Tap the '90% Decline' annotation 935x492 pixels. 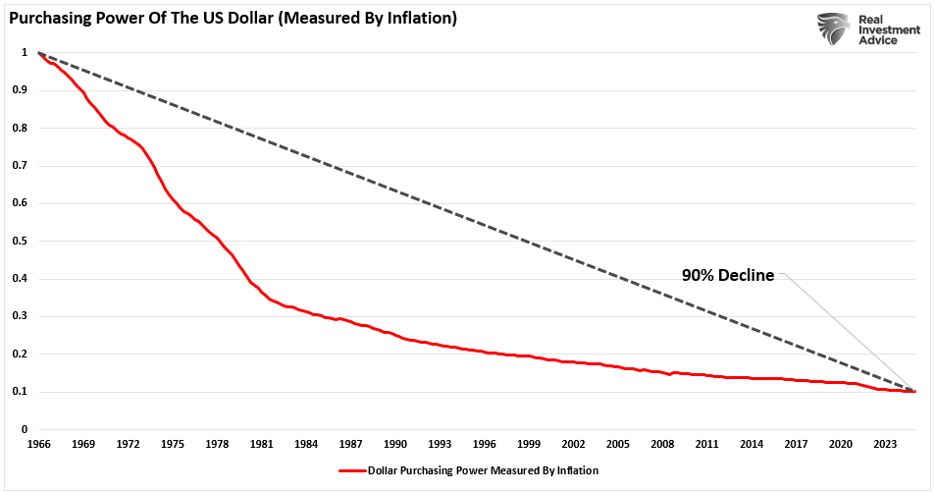(728, 276)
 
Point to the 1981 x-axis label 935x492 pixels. (261, 444)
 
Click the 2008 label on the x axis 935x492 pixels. (663, 444)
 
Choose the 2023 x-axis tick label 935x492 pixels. (887, 444)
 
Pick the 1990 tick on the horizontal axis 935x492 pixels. (395, 444)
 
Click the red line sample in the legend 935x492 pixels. (352, 470)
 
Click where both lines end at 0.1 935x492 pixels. (914, 391)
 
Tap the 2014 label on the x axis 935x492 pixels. (753, 444)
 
